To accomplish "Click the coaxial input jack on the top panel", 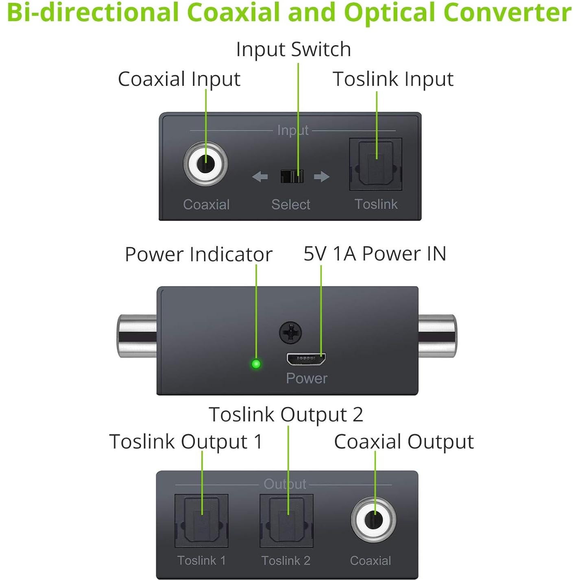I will click(205, 164).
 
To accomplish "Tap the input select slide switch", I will click(292, 177).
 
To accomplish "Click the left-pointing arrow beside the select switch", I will click(260, 177).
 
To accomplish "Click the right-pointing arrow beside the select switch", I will click(321, 177).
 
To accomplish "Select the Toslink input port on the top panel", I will click(375, 164).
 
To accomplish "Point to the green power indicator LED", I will click(256, 364).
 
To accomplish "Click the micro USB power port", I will click(306, 359).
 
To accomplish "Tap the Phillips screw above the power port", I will click(290, 333).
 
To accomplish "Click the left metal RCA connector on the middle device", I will click(137, 336).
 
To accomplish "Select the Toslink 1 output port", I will click(201, 521).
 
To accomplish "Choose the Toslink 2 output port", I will click(286, 521).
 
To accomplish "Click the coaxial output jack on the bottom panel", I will click(373, 520).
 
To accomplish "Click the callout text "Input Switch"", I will click(293, 50).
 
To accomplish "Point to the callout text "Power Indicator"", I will click(198, 255).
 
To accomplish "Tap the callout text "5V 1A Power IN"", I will click(375, 254).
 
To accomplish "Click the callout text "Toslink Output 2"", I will click(286, 415).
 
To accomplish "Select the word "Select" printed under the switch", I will click(290, 204).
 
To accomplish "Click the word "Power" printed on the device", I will click(306, 378).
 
